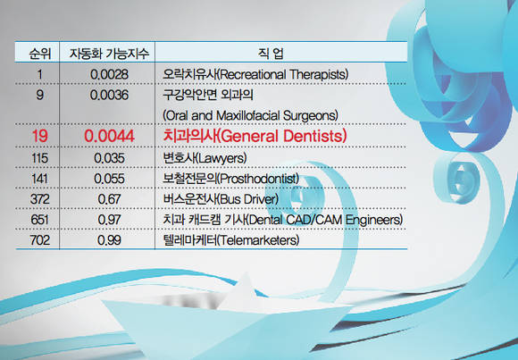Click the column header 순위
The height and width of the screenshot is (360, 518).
[39, 54]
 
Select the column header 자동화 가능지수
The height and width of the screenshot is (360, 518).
[109, 54]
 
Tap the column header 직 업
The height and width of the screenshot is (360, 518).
[271, 54]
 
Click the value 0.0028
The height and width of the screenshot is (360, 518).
[109, 74]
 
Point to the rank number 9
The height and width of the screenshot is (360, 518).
[39, 95]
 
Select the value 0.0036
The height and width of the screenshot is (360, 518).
[109, 95]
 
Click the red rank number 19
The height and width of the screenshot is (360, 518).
[39, 136]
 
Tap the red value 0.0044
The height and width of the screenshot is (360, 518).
[109, 136]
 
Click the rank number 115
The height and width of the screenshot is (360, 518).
[39, 158]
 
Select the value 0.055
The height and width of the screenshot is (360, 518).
[109, 179]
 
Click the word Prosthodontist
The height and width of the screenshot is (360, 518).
[259, 179]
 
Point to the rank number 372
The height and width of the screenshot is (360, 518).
[39, 199]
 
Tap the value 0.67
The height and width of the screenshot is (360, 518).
[109, 199]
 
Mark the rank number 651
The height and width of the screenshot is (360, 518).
[39, 220]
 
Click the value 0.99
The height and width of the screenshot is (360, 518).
[109, 240]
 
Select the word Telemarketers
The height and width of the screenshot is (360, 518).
[259, 240]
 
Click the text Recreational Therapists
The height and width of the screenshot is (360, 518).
[283, 74]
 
